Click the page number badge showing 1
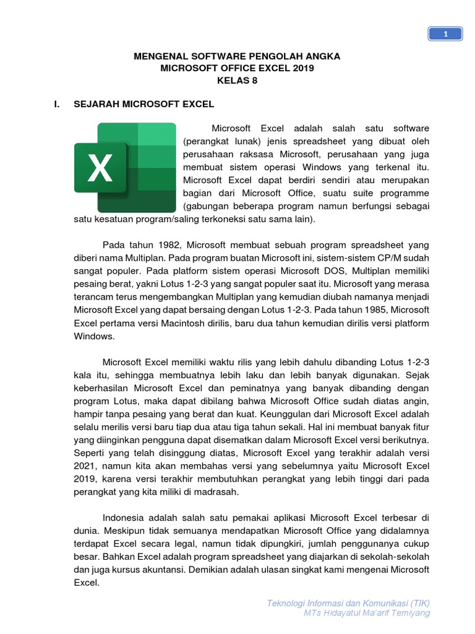point(445,35)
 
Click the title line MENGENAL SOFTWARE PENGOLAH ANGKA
point(237,56)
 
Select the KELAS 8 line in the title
point(237,80)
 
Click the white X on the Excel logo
point(100,168)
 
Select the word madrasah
point(218,492)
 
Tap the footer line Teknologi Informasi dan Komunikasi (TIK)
point(348,603)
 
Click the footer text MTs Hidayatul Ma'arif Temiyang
point(367,613)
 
